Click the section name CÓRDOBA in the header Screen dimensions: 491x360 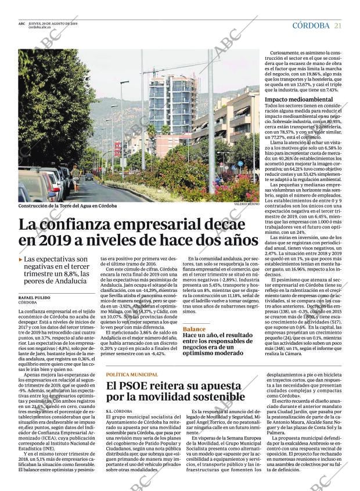click(311, 25)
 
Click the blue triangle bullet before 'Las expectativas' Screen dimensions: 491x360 click(21, 261)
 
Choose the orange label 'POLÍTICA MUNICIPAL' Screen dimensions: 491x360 click(132, 375)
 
